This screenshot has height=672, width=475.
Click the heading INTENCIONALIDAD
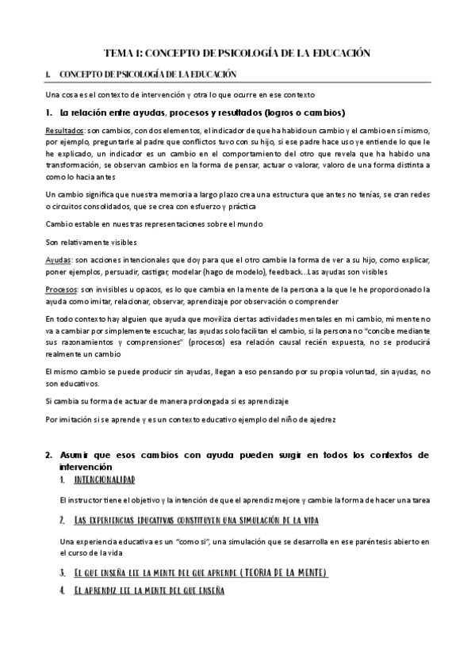click(x=103, y=480)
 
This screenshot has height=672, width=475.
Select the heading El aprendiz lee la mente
click(x=150, y=590)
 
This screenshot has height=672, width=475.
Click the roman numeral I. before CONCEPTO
click(x=48, y=74)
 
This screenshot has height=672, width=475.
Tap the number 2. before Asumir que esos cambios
click(x=48, y=456)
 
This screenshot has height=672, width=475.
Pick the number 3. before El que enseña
click(x=62, y=572)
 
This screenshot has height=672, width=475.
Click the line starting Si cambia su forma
click(x=167, y=401)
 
